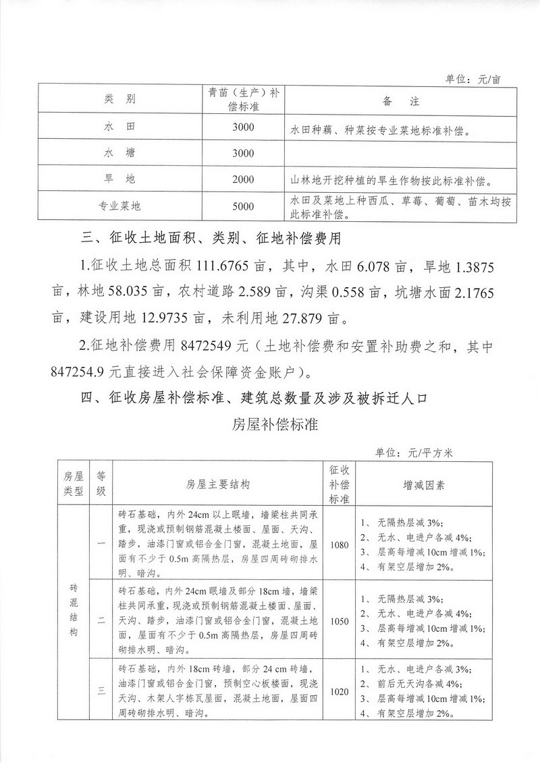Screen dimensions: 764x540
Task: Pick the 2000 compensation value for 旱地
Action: click(x=242, y=179)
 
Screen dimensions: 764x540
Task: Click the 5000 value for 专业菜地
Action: click(x=242, y=206)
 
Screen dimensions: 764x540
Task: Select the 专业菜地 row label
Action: click(x=122, y=206)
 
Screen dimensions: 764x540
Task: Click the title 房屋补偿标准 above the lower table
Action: click(x=270, y=425)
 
